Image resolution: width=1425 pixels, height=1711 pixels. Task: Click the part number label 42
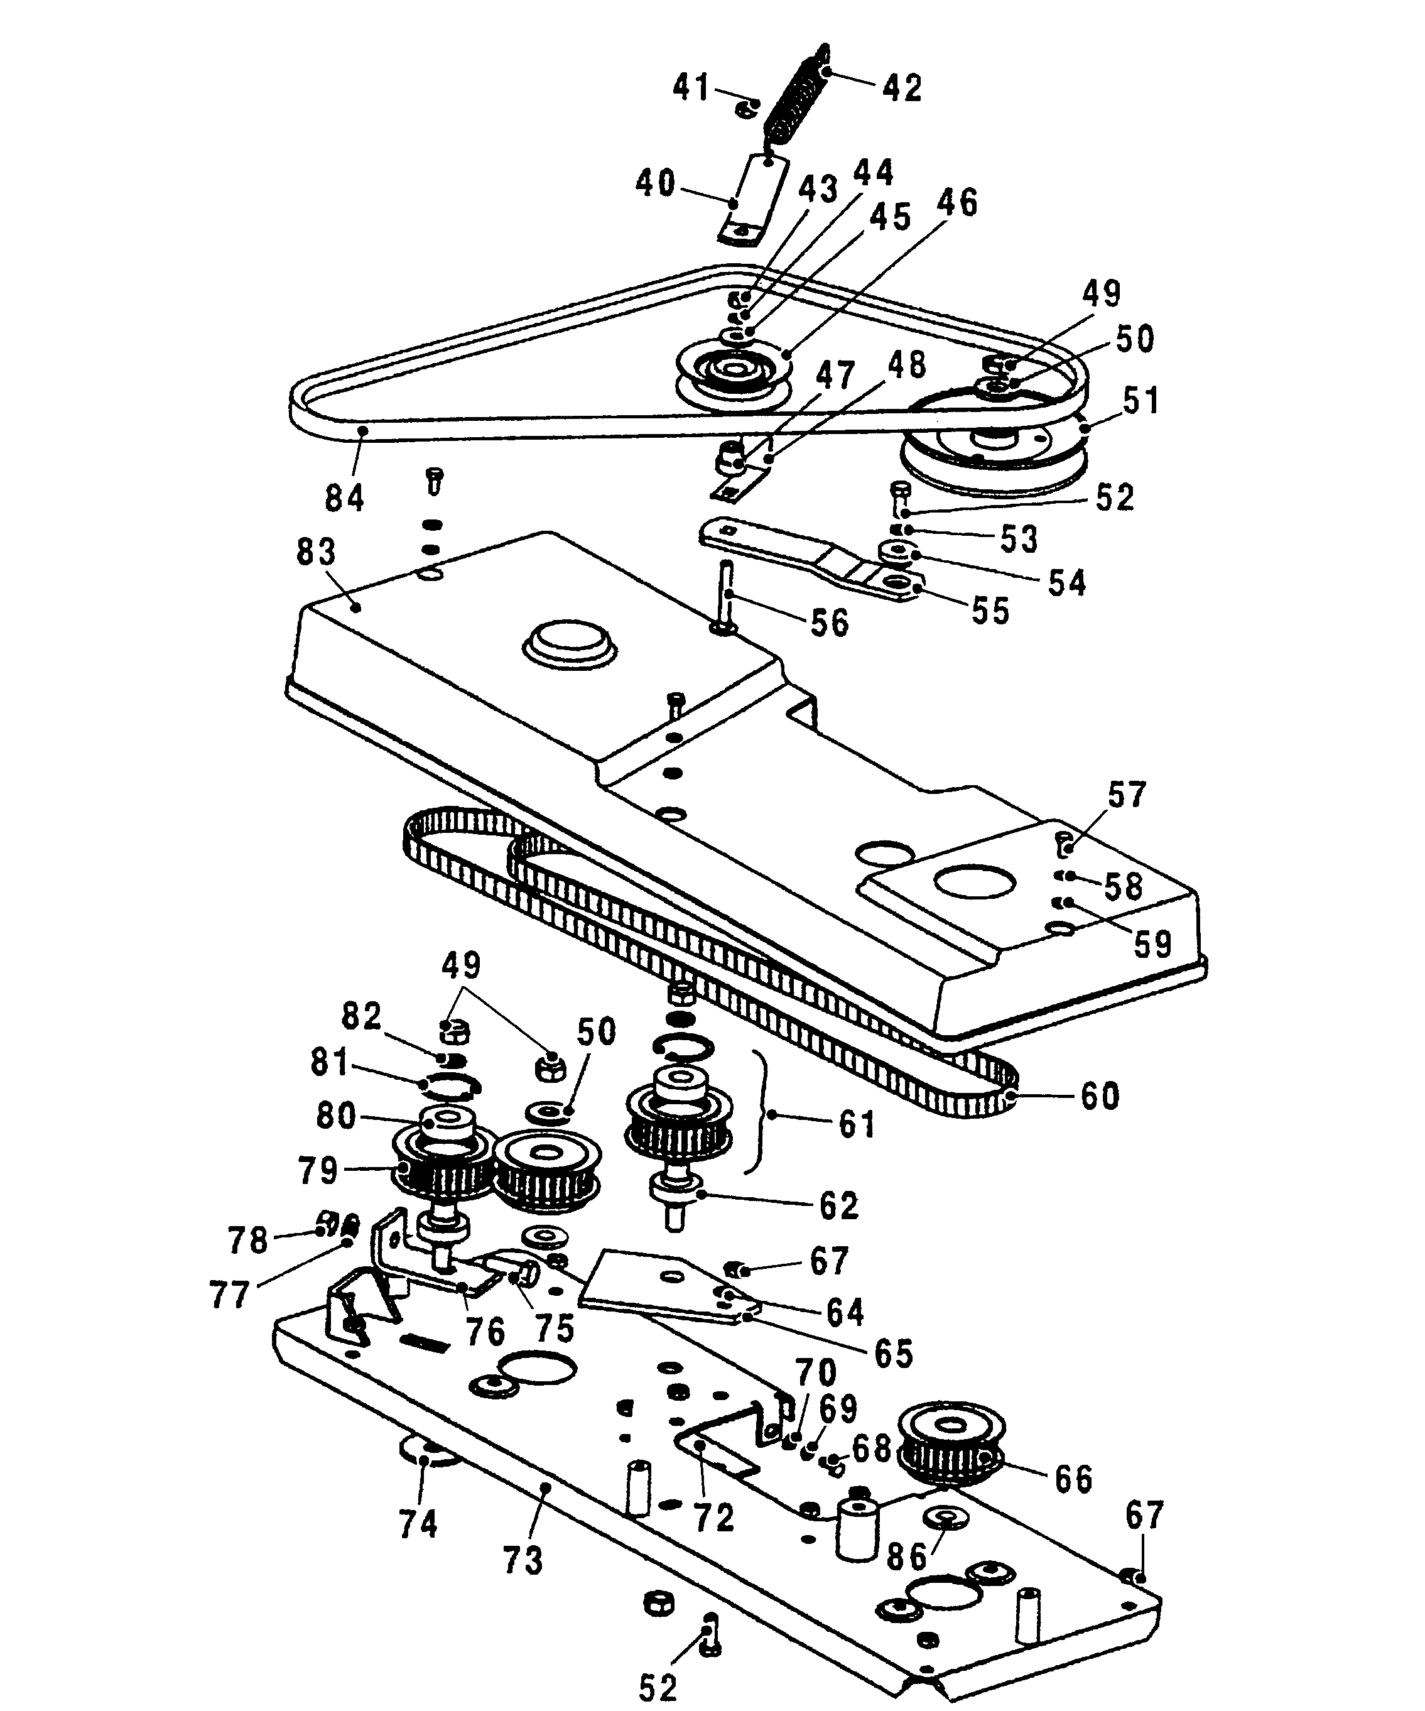coord(902,88)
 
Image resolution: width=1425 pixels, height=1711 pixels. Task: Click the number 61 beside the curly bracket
coord(857,1124)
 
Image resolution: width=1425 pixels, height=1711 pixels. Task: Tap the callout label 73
coord(523,1560)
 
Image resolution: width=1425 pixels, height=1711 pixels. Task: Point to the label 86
coord(908,1557)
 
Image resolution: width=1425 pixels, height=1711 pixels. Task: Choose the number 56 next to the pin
coord(830,623)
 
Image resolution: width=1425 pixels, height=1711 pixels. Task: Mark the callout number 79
coord(318,1171)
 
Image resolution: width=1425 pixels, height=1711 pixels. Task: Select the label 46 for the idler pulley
coord(956,202)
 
